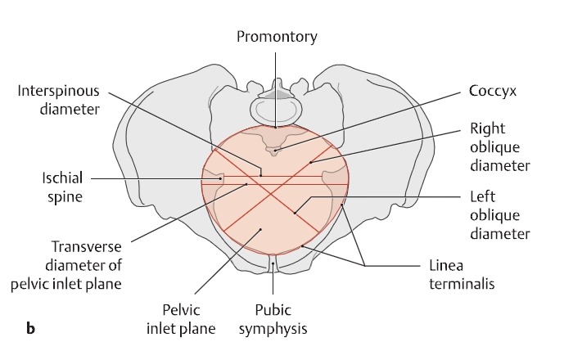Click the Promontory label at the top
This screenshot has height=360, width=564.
click(277, 37)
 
